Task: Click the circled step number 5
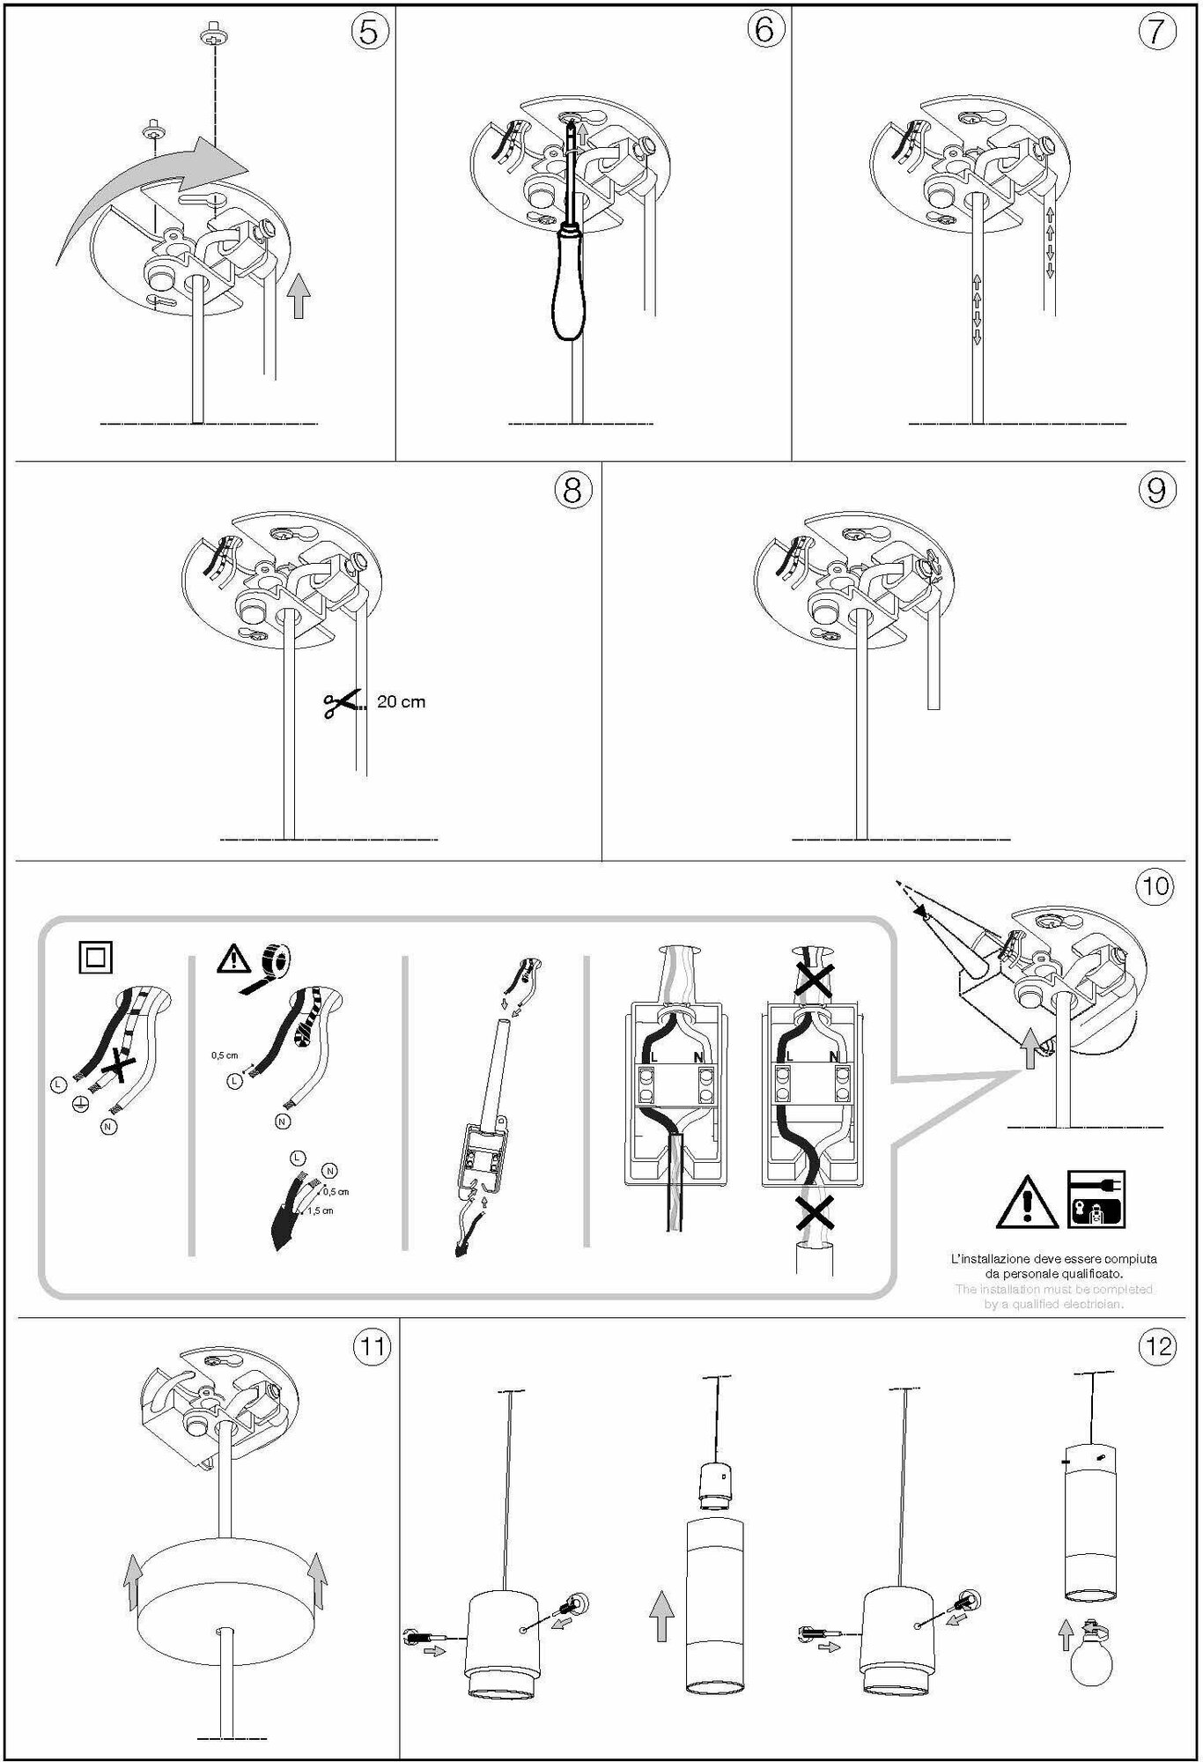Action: pos(370,32)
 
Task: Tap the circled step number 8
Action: pos(572,489)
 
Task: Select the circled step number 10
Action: pos(1155,885)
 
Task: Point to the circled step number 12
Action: pos(1157,1347)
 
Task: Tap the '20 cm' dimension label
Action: pos(401,702)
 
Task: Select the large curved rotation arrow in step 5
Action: pos(150,194)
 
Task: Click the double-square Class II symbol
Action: pos(95,957)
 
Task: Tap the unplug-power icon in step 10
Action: pos(1096,1199)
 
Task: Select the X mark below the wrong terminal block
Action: pos(815,1214)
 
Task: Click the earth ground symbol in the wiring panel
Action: pos(79,1103)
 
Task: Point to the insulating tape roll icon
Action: pos(275,961)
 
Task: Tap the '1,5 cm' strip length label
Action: pos(321,1210)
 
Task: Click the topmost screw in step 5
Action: pos(211,38)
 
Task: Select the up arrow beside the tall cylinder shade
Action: pos(661,1617)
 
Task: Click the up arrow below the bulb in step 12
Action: pos(1065,1634)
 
